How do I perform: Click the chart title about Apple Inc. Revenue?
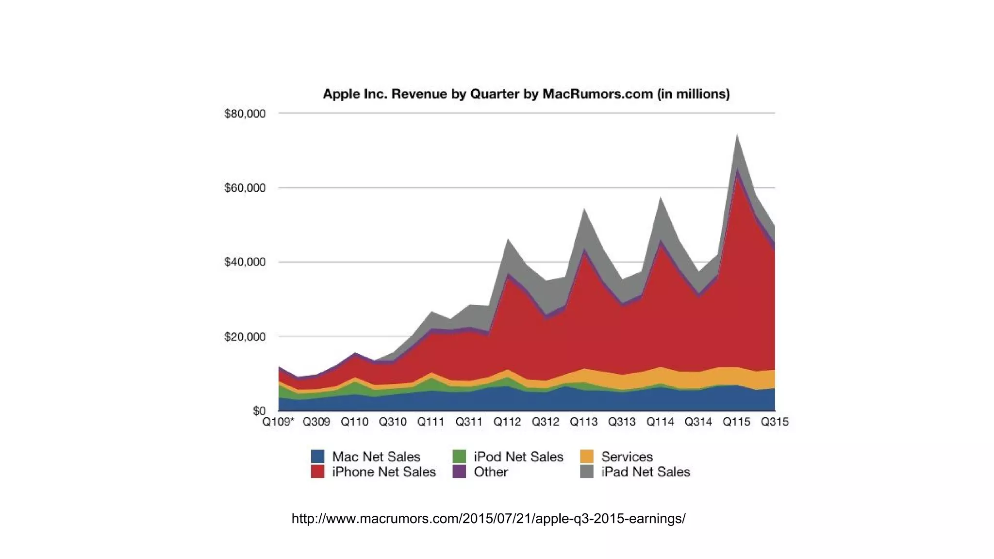click(526, 94)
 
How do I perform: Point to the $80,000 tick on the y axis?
click(245, 114)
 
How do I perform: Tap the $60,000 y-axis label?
click(245, 188)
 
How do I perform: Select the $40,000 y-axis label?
click(245, 262)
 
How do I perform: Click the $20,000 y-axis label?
click(245, 337)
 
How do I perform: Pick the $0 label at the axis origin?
click(259, 411)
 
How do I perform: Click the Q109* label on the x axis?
click(278, 422)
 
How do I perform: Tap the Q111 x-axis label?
click(431, 422)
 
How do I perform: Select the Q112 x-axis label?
click(507, 422)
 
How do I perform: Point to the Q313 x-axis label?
click(622, 422)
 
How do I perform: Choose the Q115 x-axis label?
click(736, 422)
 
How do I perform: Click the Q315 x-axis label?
click(775, 422)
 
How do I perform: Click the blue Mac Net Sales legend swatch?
click(317, 457)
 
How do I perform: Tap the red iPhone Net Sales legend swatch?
click(317, 472)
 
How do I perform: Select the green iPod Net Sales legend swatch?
click(459, 457)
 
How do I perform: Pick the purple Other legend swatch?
click(459, 472)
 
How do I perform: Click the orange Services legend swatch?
click(587, 457)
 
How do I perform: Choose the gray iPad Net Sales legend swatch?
click(587, 472)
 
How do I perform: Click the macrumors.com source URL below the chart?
click(488, 519)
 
